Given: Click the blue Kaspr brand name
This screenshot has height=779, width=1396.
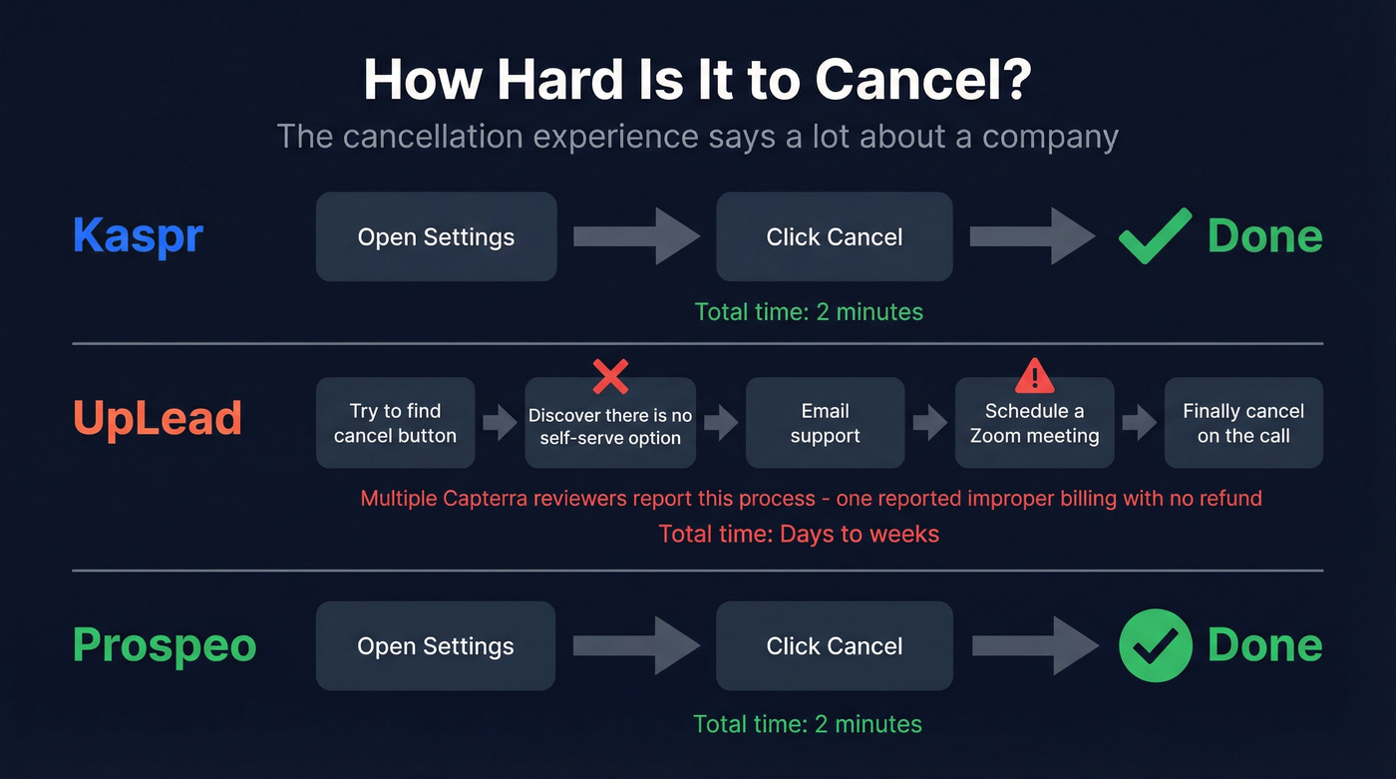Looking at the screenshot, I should point(138,236).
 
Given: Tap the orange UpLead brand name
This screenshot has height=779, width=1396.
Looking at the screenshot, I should point(158,418).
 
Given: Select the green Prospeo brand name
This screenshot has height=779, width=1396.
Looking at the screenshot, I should point(165,645).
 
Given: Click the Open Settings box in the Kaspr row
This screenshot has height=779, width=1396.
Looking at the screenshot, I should point(436,236).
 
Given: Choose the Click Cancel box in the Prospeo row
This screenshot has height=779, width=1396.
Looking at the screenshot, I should point(834,645).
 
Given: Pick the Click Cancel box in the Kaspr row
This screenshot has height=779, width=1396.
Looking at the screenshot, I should point(834,236).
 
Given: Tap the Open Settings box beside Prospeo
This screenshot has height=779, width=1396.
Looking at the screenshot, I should point(436,645).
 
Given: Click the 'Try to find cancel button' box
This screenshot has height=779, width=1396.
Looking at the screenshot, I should point(395,423).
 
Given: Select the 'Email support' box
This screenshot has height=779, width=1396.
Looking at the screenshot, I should point(825,423).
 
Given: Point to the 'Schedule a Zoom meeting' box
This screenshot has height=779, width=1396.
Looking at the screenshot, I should point(1034,423).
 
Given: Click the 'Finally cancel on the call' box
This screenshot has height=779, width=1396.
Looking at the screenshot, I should point(1243,423).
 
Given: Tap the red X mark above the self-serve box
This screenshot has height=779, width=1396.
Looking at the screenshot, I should point(609,377).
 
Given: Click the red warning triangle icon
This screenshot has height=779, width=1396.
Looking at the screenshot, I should point(1034,376).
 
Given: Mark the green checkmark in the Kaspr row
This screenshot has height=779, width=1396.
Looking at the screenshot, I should point(1154,235).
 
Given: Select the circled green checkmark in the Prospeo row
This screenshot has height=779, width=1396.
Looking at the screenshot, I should point(1155,645).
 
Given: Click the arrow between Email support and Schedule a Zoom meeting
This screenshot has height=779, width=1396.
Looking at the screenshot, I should point(929,423).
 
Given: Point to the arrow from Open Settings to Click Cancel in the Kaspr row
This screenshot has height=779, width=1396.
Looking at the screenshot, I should point(636,236).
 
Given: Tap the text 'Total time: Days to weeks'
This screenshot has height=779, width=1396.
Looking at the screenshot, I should point(799,534).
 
